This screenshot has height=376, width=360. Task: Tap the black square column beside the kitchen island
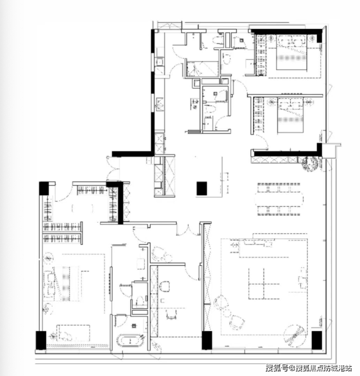pyautogui.click(x=202, y=188)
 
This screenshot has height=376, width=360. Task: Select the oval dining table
pyautogui.click(x=279, y=199)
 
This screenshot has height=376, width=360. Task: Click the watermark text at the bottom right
pyautogui.click(x=308, y=368)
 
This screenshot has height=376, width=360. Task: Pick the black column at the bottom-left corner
pyautogui.click(x=41, y=340)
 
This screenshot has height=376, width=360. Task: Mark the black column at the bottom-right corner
pyautogui.click(x=317, y=340)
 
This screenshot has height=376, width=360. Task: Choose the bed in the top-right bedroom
pyautogui.click(x=292, y=53)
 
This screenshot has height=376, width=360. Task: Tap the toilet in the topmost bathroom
pyautogui.click(x=218, y=40)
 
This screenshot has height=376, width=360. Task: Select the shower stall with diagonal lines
pyautogui.click(x=202, y=69)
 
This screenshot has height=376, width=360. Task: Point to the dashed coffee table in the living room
pyautogui.click(x=264, y=283)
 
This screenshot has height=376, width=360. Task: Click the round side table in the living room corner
pyautogui.click(x=295, y=336)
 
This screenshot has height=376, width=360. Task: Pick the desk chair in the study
pyautogui.click(x=172, y=314)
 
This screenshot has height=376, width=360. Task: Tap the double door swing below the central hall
pyautogui.click(x=188, y=230)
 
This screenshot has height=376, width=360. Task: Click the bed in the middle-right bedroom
pyautogui.click(x=290, y=115)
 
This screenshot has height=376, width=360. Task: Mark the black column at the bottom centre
pyautogui.click(x=207, y=340)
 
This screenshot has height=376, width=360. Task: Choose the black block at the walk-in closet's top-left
pyautogui.click(x=44, y=188)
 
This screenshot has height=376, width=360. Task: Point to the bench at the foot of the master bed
pyautogui.click(x=73, y=332)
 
